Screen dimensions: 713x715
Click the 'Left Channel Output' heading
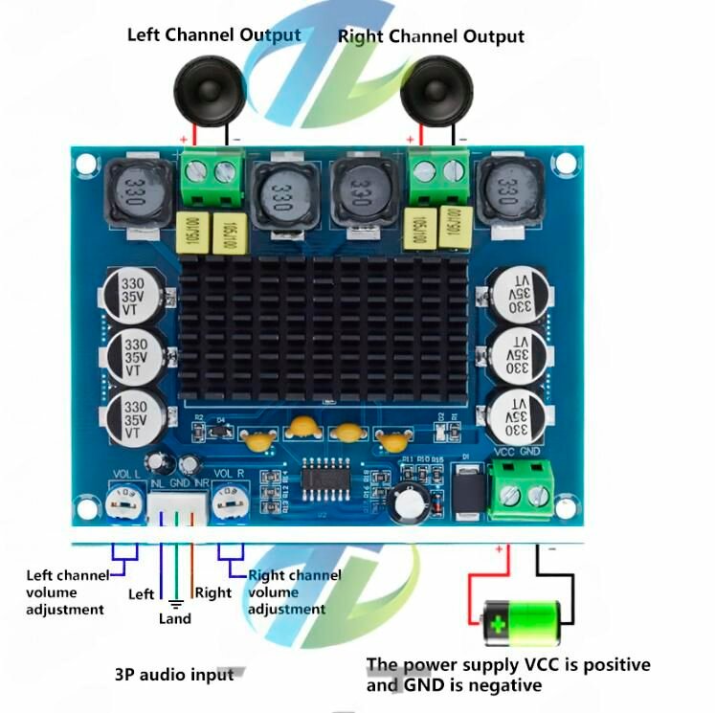coord(214,35)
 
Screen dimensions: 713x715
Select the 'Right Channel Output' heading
coord(431,36)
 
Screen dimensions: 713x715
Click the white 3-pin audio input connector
coord(177,506)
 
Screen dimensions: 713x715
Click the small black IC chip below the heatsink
coord(326,476)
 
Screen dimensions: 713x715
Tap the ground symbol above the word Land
coord(175,604)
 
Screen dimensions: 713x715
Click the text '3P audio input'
coord(173,674)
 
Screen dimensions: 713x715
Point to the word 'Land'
coord(175,619)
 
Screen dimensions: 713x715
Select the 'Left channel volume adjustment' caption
coord(67,591)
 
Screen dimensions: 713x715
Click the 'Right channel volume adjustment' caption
coord(293,591)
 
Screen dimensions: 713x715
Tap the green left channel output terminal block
coord(212,182)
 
